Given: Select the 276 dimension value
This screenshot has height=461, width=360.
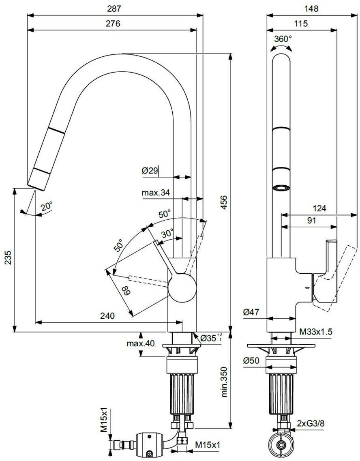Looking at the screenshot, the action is (113, 24).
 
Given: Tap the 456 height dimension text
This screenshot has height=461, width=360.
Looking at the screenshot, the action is (224, 202).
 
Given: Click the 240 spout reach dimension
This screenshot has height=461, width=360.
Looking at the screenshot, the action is (107, 316).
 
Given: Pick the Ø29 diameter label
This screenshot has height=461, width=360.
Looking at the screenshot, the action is (150, 171).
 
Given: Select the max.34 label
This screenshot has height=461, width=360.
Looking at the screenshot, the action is (156, 193).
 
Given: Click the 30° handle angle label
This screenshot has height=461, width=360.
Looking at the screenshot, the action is (167, 234).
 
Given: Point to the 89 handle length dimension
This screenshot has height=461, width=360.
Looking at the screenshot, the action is (126, 292).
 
